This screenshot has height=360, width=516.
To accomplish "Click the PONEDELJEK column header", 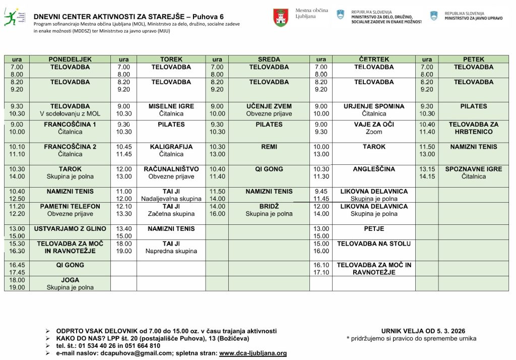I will (x=70, y=59).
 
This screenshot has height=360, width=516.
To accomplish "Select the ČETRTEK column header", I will (x=374, y=59).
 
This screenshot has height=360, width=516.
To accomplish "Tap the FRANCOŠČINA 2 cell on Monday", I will (x=70, y=150).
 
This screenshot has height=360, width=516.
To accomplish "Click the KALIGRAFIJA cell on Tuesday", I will (x=171, y=150).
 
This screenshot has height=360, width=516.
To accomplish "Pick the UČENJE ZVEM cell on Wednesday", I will (x=269, y=110).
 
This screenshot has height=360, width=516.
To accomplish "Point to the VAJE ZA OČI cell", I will (x=374, y=128).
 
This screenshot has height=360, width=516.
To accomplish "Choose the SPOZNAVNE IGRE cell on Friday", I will (x=473, y=172).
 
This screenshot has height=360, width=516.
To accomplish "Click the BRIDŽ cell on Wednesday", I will (x=269, y=210).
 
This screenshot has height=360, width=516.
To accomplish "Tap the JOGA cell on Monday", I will (x=70, y=283).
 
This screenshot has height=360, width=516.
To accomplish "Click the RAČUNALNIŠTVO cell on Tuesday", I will (x=171, y=172).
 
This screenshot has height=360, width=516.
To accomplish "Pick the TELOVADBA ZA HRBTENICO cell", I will (x=473, y=128).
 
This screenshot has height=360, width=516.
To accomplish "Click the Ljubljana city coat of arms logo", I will (x=281, y=18).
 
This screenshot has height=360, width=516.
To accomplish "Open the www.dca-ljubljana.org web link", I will (x=253, y=353).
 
